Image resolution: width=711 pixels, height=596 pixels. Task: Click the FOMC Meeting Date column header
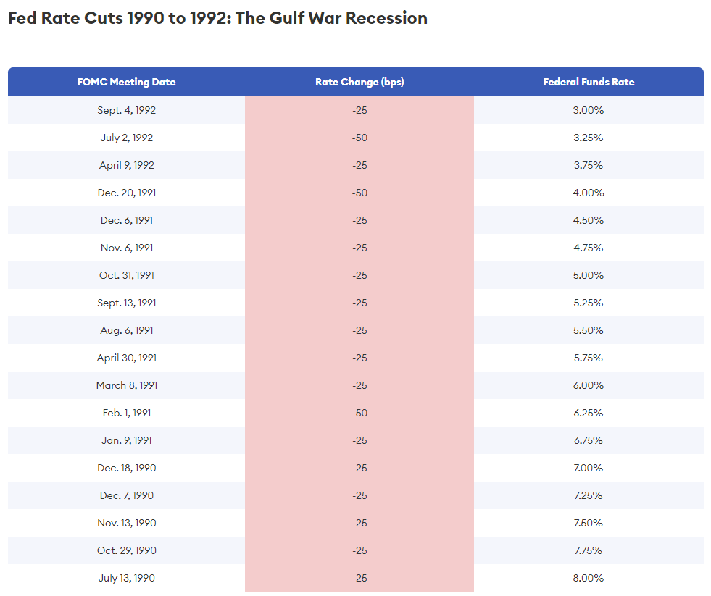point(126,82)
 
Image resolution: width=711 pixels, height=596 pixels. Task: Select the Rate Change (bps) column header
point(359,82)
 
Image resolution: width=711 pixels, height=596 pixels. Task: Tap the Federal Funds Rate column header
point(589,82)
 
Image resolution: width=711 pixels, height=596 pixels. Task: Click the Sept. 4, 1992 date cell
point(126,110)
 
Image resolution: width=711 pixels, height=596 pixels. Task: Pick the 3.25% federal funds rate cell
point(589,138)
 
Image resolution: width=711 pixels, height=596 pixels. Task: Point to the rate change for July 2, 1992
point(359,138)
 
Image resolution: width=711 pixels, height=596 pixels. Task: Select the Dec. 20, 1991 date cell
point(126,193)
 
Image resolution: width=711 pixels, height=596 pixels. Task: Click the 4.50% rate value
point(589,220)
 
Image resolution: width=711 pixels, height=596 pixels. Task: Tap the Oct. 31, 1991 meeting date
point(126,275)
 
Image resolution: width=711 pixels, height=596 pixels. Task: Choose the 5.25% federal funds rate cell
point(589,303)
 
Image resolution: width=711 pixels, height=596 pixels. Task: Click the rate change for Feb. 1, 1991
point(359,413)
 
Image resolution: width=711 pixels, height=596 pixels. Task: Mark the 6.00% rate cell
point(589,385)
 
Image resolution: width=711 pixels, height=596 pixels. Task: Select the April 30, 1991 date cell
point(126,358)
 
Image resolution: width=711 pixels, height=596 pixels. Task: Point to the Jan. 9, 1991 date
point(126,440)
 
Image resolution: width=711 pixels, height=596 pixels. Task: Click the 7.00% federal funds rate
point(589,468)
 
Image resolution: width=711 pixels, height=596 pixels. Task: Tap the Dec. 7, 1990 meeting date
point(126,495)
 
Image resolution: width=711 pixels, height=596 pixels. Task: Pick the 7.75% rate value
point(589,550)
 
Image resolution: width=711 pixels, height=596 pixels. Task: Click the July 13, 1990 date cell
point(126,578)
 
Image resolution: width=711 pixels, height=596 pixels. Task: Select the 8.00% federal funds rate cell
point(589,578)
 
